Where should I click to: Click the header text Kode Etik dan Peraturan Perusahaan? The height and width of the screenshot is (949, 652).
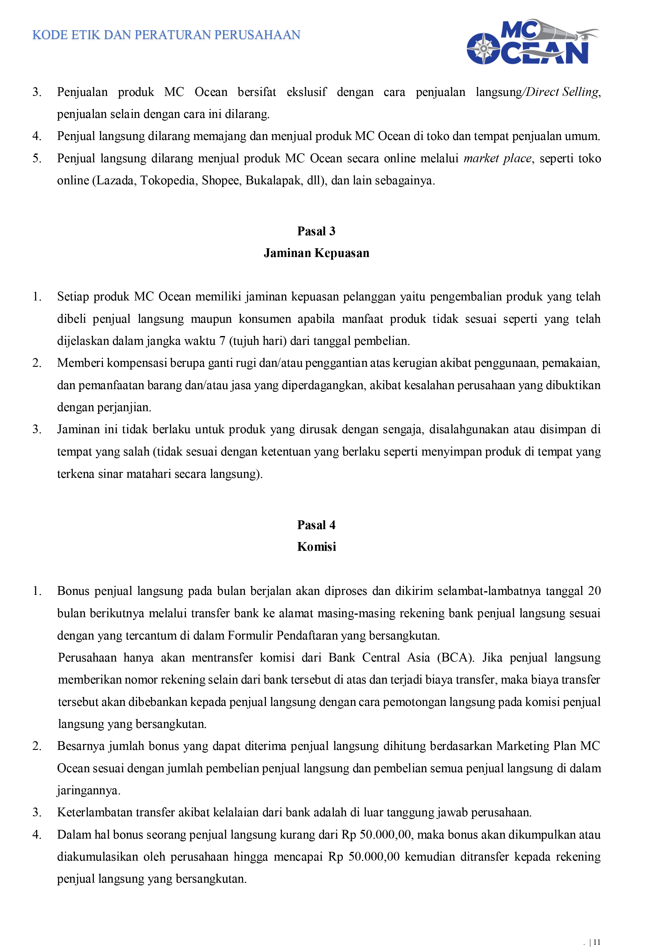point(166,35)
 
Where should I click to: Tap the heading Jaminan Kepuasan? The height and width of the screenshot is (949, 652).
point(316,253)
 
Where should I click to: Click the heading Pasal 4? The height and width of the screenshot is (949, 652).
point(316,525)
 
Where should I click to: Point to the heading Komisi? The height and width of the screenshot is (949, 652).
point(316,547)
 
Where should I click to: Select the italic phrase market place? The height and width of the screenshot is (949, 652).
point(497,158)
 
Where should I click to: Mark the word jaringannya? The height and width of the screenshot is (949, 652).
point(88,791)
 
